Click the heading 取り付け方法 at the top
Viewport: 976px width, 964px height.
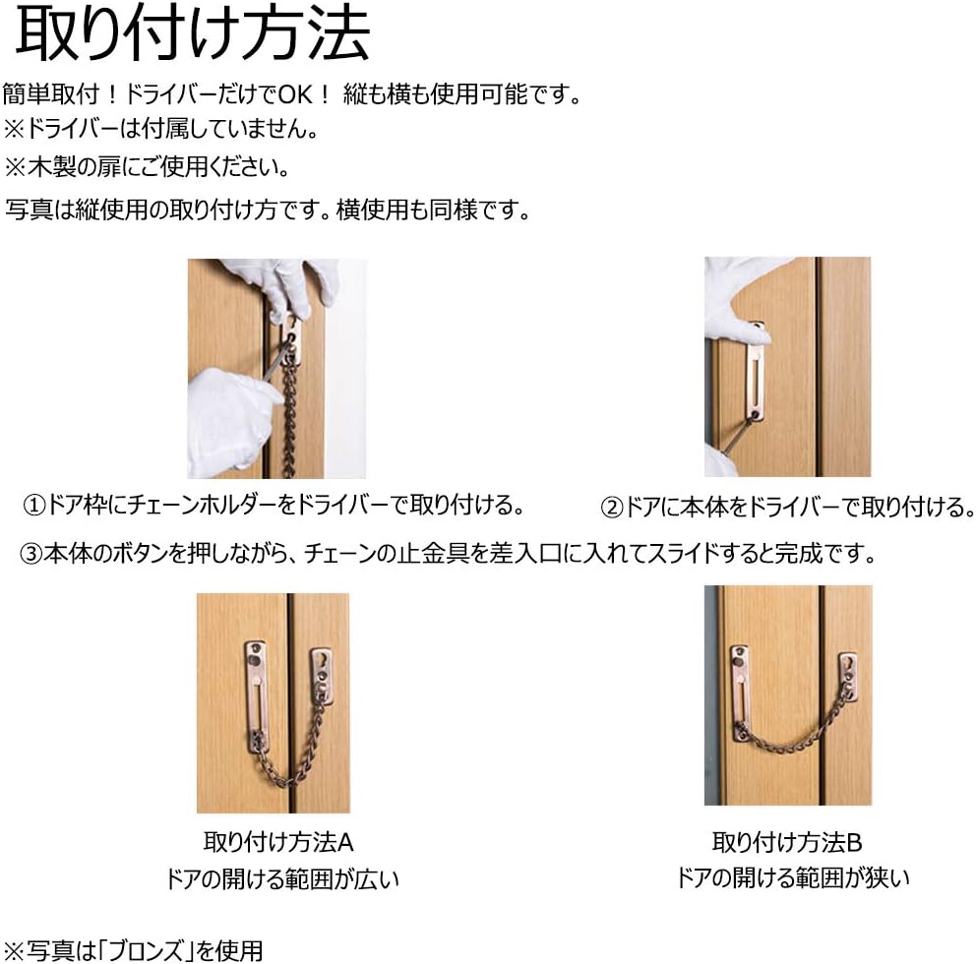(x=193, y=33)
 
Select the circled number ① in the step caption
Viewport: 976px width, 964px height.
(x=34, y=506)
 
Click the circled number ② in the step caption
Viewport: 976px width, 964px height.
(x=612, y=508)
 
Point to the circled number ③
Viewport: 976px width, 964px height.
(x=30, y=553)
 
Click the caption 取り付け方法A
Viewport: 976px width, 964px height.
(x=278, y=843)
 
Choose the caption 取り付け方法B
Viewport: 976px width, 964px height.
(x=787, y=843)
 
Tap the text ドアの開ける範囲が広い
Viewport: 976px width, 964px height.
(x=282, y=879)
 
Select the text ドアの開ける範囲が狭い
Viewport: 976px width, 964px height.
(x=792, y=878)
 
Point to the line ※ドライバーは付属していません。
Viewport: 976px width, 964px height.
(x=161, y=129)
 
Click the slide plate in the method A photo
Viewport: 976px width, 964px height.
(x=256, y=696)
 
